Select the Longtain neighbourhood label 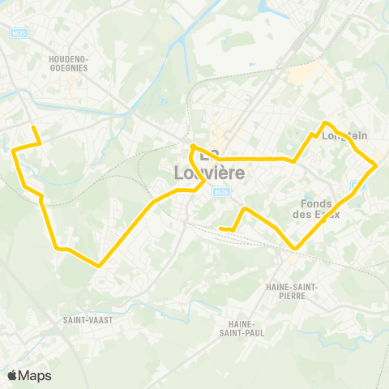(x=345, y=136)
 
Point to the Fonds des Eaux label (x=319, y=208)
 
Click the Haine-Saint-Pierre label (x=292, y=290)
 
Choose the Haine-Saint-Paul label (x=238, y=328)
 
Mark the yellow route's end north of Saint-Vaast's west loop (x=32, y=127)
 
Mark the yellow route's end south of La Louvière (x=221, y=229)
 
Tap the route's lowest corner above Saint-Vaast (x=98, y=265)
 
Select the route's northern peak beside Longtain (x=326, y=122)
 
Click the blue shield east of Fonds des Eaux (x=362, y=185)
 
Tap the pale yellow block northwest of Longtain (x=301, y=75)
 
